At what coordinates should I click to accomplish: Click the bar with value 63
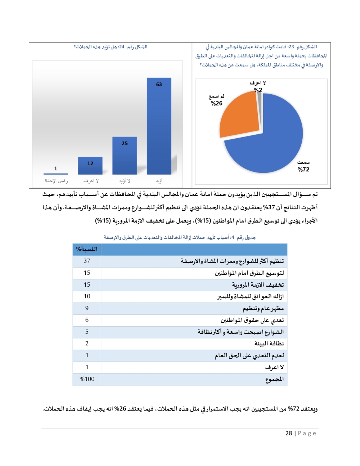[159, 126]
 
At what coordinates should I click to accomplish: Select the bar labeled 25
[125, 156]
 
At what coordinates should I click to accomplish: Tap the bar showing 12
[90, 166]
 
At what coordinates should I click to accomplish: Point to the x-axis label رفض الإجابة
[56, 181]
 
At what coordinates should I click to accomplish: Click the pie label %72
[303, 169]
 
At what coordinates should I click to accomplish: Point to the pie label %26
[216, 103]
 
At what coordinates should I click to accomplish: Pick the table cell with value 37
[87, 261]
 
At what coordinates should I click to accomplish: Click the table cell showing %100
[87, 379]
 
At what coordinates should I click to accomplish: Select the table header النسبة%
[87, 249]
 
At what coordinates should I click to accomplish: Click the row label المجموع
[274, 379]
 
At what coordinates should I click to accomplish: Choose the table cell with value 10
[87, 296]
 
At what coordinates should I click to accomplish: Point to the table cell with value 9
[87, 308]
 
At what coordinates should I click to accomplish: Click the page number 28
[289, 433]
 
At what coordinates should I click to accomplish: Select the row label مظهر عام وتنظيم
[263, 308]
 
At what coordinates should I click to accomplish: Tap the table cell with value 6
[87, 320]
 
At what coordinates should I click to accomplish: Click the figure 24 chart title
[111, 47]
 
